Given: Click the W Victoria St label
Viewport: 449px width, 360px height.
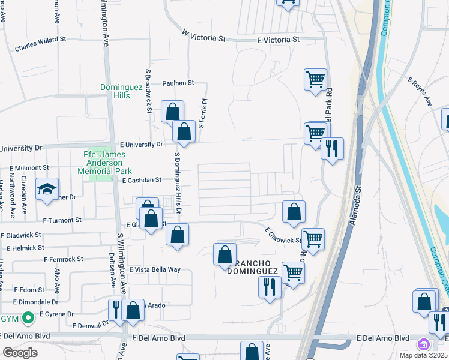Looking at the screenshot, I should pos(203,37).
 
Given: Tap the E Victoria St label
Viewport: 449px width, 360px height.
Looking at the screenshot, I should pos(278,40).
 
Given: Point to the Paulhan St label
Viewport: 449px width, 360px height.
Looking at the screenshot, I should pos(178,83).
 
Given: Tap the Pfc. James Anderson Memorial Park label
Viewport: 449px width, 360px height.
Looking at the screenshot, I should pos(104,162).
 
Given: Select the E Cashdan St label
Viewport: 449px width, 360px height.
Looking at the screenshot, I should pos(142,180).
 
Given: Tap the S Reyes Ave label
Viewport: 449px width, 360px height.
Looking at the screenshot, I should pos(420,91).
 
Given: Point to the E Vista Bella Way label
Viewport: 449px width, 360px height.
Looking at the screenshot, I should pos(154,269).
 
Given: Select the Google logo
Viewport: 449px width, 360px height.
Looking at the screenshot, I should pos(20,353).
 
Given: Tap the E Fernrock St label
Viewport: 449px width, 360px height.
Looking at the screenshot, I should pos(64,259).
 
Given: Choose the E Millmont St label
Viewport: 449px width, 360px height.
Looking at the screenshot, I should pos(29,167).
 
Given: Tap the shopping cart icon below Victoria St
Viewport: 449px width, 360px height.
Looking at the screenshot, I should pos(315,79).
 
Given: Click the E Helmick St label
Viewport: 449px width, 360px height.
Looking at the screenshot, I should pos(25,247).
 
